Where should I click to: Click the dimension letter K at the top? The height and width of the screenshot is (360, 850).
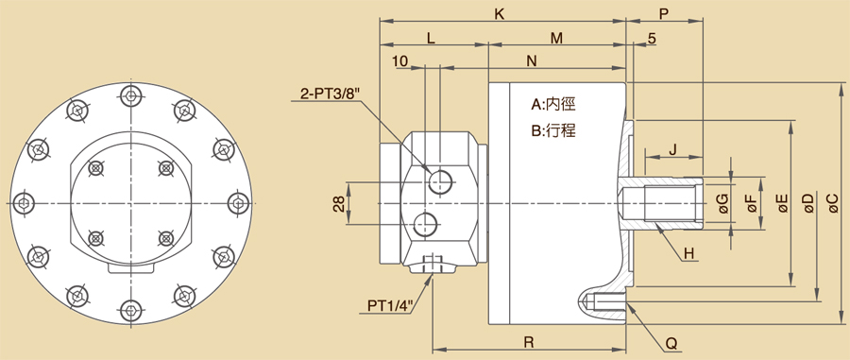(500, 14)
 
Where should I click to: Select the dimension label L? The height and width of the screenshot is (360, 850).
(431, 38)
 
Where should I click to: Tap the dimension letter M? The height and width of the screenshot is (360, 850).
(556, 38)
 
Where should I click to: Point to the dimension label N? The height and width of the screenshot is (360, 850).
(532, 61)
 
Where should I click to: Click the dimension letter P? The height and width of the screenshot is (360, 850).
(664, 14)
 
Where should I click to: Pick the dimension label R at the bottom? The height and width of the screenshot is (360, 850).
(529, 342)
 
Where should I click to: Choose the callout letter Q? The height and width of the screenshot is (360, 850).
(671, 344)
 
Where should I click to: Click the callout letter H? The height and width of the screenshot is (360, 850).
(688, 253)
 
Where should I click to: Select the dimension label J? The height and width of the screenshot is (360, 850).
(672, 149)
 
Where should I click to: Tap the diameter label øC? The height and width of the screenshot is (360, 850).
(834, 203)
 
